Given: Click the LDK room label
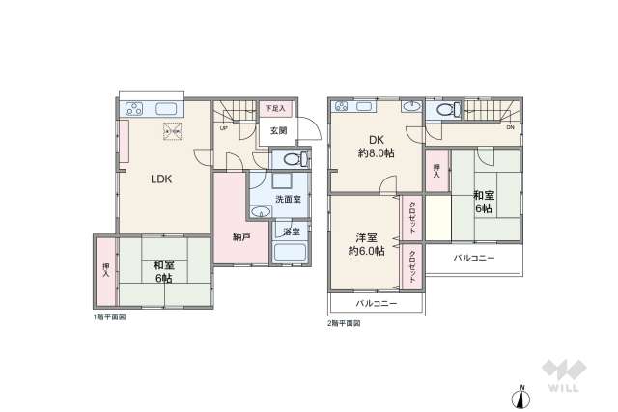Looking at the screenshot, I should tap(159, 178).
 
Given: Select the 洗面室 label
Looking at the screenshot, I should tap(288, 199).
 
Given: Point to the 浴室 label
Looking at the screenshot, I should tap(291, 232).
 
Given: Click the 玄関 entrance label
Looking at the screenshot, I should tap(277, 132).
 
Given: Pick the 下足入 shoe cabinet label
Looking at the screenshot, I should tap(275, 109).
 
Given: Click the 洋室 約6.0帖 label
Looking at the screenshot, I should tap(366, 243).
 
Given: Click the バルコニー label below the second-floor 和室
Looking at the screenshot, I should tap(473, 259).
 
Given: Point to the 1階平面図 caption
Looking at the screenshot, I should tap(109, 316).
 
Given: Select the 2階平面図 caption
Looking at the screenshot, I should tap(344, 324).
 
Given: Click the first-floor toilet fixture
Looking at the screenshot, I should tap(294, 160).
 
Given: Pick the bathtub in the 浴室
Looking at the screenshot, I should tap(290, 254).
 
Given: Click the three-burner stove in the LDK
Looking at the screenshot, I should tap(133, 108).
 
